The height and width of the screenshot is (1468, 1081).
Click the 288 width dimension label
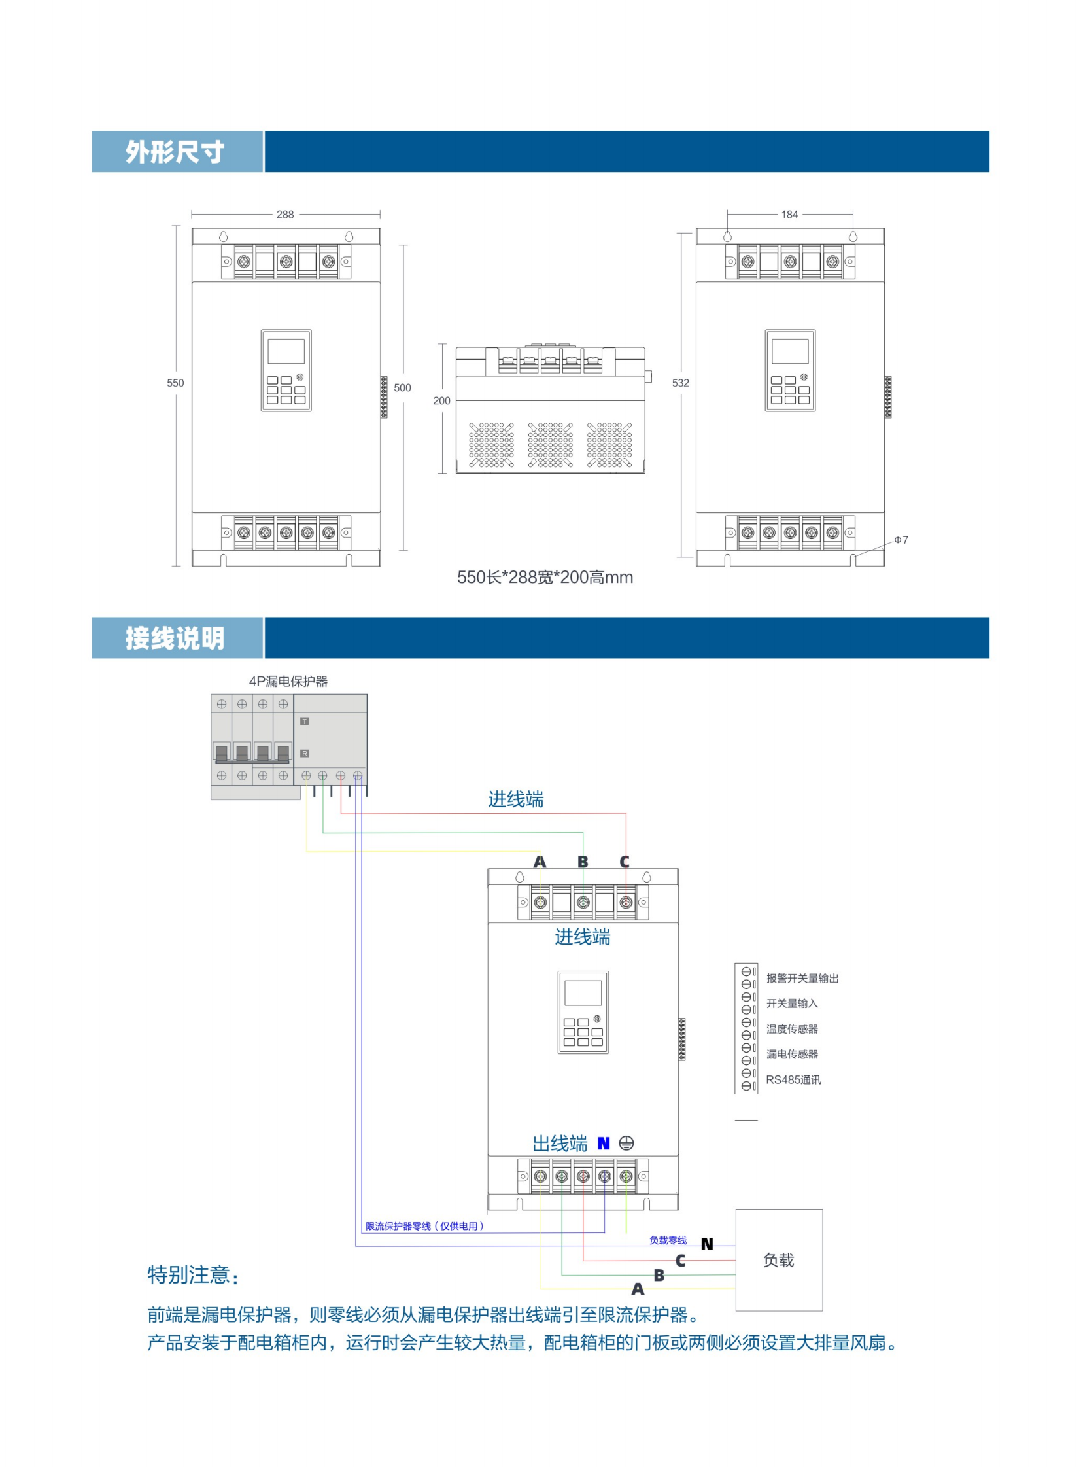[284, 215]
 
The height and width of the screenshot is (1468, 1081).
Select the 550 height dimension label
[175, 383]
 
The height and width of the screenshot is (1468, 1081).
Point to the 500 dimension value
[402, 387]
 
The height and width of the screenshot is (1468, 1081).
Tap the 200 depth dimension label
[441, 400]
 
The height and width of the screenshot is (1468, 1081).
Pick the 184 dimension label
[789, 215]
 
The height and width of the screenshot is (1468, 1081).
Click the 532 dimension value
[681, 383]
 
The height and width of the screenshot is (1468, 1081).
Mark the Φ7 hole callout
[901, 540]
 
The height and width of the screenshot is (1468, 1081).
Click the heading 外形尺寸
[175, 152]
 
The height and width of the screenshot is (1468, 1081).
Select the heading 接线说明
[175, 638]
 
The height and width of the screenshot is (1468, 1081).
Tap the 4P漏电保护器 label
[288, 681]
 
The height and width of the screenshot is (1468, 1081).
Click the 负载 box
[779, 1260]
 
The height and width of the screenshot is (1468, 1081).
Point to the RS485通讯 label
[793, 1080]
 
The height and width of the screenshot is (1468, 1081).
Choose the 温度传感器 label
[792, 1029]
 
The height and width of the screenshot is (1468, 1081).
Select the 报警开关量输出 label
[802, 979]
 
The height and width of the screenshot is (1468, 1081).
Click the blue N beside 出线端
[604, 1144]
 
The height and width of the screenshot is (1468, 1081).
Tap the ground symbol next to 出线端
[626, 1144]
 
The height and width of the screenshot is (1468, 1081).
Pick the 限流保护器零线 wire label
[424, 1226]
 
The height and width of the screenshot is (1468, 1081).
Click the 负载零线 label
[668, 1240]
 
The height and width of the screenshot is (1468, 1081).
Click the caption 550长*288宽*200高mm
[545, 577]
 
